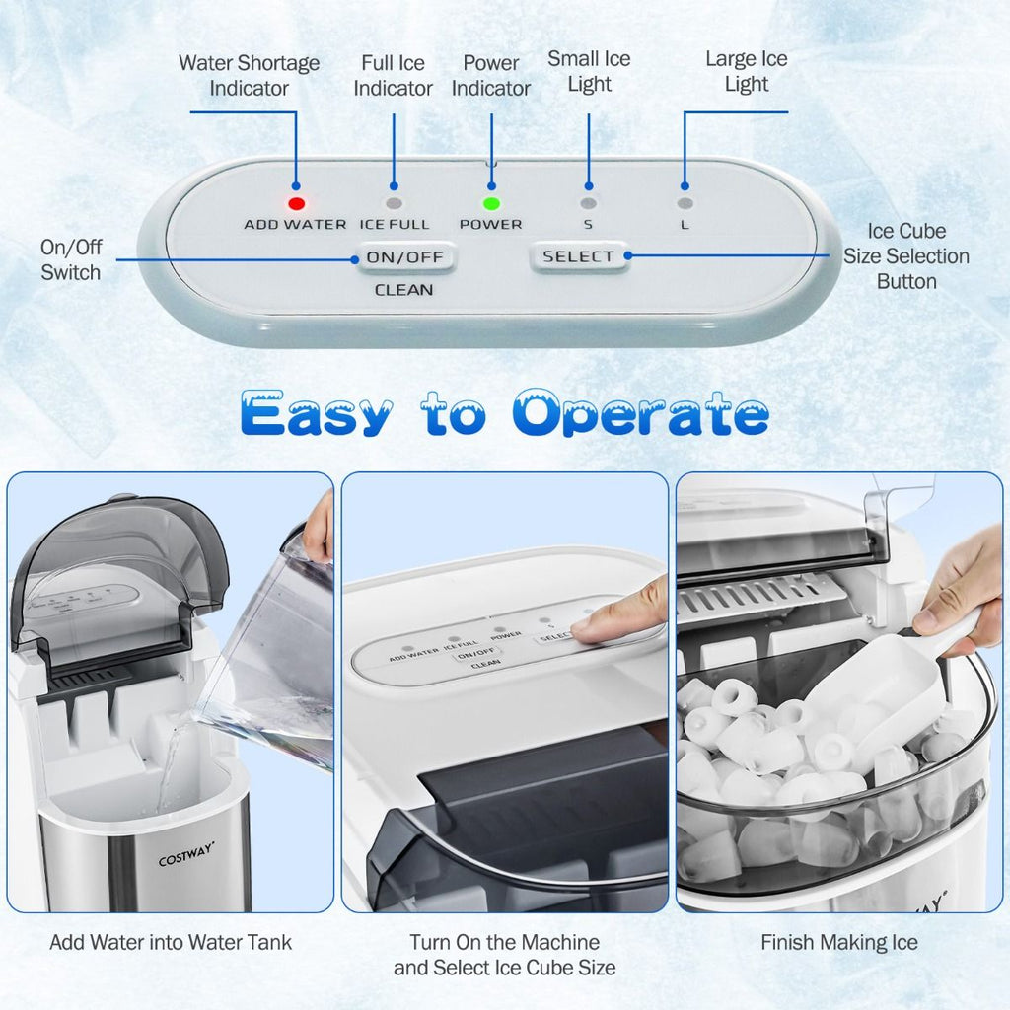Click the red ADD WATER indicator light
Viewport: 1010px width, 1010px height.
(296, 203)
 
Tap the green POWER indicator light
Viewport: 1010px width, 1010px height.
(491, 203)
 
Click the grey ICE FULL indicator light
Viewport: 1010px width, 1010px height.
(394, 203)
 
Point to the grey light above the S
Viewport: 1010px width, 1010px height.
(588, 203)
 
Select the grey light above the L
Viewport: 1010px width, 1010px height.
(685, 203)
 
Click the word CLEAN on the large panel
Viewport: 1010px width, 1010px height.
(403, 290)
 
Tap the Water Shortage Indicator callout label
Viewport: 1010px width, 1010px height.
(250, 75)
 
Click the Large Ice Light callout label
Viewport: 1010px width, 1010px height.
(747, 71)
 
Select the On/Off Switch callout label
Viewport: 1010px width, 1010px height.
(71, 259)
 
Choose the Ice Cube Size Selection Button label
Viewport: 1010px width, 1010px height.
(906, 255)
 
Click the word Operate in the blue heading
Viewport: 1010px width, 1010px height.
(641, 413)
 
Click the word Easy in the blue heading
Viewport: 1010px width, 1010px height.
(317, 413)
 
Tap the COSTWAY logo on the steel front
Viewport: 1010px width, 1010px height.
(186, 854)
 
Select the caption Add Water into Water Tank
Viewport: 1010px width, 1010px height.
(171, 942)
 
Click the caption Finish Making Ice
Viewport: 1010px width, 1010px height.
(839, 942)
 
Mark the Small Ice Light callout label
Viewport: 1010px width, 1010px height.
(590, 71)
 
